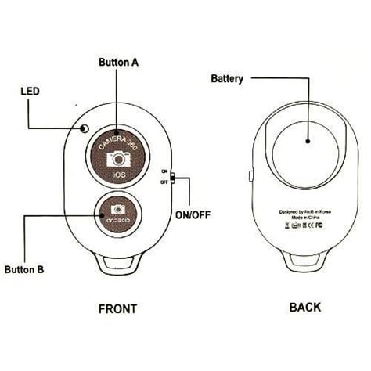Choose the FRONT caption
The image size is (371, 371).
(118, 308)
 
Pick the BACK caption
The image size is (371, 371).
(304, 308)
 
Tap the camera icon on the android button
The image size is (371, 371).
(119, 210)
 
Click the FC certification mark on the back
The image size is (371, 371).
(321, 225)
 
